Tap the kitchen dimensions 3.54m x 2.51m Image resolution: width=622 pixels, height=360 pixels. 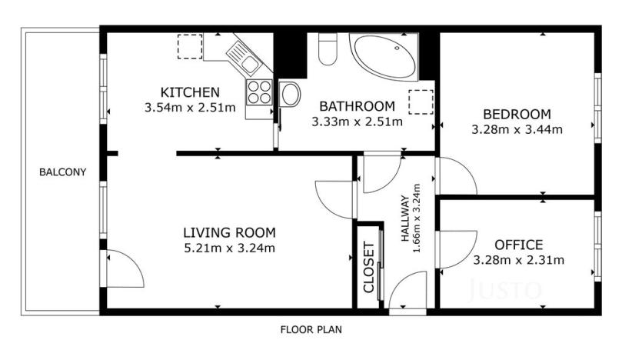[x=190, y=107]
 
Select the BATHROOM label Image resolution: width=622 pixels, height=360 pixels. [x=357, y=105]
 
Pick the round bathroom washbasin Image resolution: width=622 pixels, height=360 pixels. [x=291, y=94]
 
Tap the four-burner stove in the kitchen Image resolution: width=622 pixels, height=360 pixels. [x=258, y=92]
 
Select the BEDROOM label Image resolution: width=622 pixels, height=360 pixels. [x=517, y=114]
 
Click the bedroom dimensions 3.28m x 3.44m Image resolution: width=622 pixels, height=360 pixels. [x=517, y=129]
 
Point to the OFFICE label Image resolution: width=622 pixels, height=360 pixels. [x=518, y=245]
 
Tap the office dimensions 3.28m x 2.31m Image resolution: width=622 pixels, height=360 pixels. [x=518, y=260]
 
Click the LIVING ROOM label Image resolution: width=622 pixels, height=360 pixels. [x=229, y=232]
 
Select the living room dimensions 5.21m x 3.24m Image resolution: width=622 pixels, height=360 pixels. [x=229, y=248]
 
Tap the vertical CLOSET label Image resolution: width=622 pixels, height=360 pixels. [x=369, y=268]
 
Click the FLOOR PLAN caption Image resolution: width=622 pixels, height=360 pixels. [x=311, y=329]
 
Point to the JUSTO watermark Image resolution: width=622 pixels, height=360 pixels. [x=505, y=289]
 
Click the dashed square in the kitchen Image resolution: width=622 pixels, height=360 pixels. [x=189, y=47]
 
